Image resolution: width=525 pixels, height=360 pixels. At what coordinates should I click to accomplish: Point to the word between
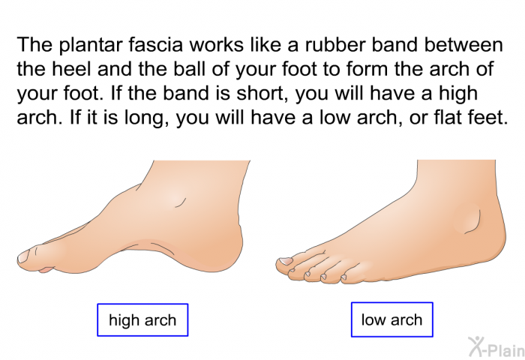click(463, 44)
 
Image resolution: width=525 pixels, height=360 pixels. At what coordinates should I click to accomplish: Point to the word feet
click(486, 117)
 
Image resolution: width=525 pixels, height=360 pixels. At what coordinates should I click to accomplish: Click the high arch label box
click(142, 319)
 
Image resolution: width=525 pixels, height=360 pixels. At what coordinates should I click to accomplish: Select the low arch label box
click(392, 319)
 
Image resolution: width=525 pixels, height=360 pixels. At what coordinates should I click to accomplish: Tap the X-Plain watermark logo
click(496, 347)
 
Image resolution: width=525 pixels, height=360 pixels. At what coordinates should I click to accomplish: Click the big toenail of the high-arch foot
click(23, 257)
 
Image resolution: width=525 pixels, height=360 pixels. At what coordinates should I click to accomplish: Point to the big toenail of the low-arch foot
click(286, 261)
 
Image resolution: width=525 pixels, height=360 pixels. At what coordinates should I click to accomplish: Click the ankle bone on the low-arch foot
click(469, 218)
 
